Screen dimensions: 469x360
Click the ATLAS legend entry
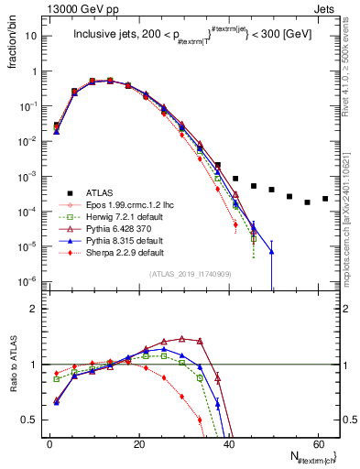(102, 191)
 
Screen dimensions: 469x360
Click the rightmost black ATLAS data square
(324, 199)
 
